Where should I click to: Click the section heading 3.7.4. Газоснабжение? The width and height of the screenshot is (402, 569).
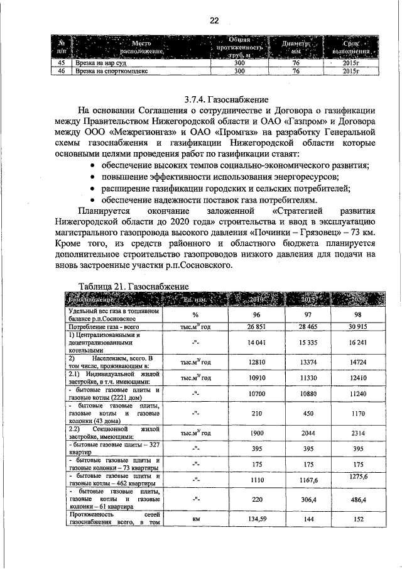click(x=227, y=99)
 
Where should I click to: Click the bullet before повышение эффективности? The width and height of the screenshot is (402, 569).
click(x=92, y=177)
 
